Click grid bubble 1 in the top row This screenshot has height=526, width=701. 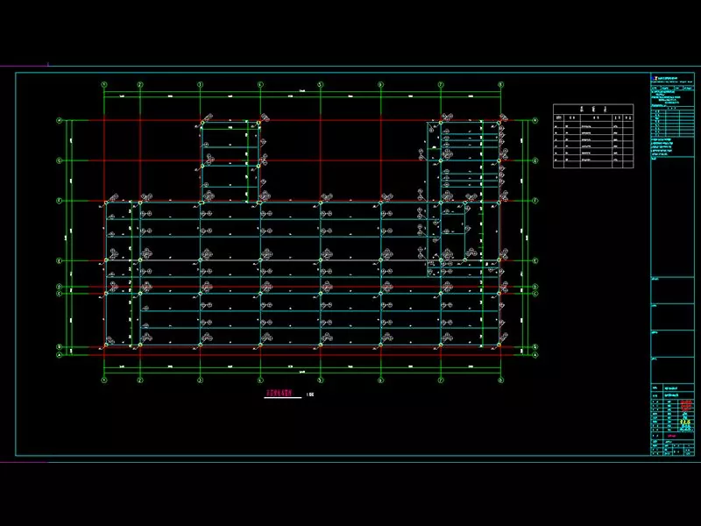tap(104, 84)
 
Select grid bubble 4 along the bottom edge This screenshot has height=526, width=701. tap(260, 380)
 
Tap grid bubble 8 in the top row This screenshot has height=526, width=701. tap(500, 84)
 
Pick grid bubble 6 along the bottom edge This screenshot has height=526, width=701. tap(380, 380)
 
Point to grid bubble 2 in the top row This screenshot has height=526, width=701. tap(139, 84)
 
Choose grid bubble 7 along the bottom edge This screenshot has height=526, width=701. tap(440, 380)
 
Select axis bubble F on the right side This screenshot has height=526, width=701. tap(535, 200)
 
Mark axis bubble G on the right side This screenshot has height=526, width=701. tap(535, 160)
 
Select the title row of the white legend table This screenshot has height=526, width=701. tap(592, 109)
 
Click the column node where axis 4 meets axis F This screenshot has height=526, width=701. tap(260, 201)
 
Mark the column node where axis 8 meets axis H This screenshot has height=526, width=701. tap(500, 121)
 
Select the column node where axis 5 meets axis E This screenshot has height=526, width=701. tap(320, 260)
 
